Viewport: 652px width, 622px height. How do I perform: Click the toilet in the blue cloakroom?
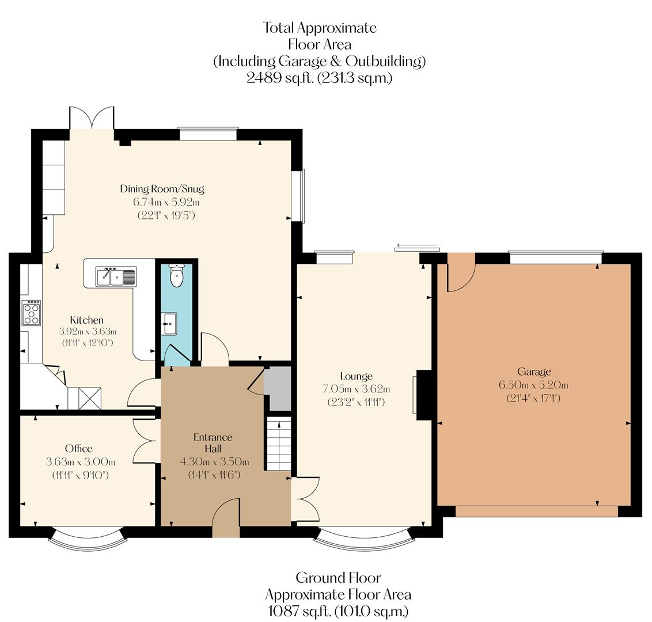coord(177,275)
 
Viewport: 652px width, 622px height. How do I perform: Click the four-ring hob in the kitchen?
coord(31,313)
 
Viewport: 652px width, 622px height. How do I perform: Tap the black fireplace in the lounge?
coord(424,394)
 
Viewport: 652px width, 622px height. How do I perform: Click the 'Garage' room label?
coord(533,371)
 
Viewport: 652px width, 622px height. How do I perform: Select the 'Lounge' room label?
coord(356,377)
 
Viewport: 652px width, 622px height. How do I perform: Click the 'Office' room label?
coord(78,449)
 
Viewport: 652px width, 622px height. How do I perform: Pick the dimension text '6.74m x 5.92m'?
coord(162,202)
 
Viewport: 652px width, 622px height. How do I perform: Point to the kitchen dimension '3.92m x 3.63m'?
coord(88,331)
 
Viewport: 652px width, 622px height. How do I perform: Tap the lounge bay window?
coord(364,539)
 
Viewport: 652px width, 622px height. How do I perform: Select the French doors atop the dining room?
coord(92,119)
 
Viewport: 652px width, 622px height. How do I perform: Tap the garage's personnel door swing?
coord(459,274)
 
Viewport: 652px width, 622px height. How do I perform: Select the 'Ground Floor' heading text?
coord(338,578)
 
